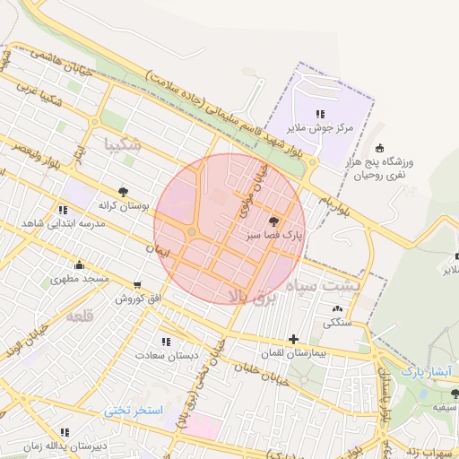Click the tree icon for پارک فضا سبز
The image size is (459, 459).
pyautogui.click(x=273, y=221)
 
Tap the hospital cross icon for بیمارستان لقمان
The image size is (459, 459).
pyautogui.click(x=293, y=339)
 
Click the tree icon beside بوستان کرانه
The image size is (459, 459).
pyautogui.click(x=122, y=191)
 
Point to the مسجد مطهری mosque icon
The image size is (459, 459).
pyautogui.click(x=80, y=264)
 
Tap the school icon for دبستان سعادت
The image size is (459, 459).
pyautogui.click(x=165, y=341)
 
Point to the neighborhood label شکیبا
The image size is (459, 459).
pyautogui.click(x=122, y=143)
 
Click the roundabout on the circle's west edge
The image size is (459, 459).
pyautogui.click(x=191, y=233)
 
